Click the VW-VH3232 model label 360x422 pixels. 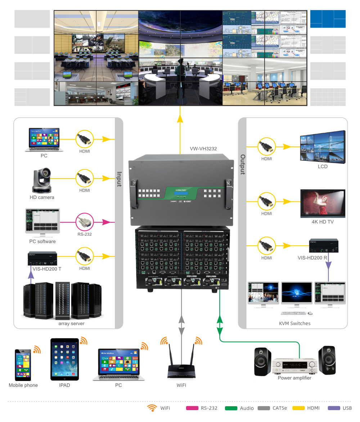(203, 148)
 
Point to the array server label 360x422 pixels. (71, 323)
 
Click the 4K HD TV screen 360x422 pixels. (323, 204)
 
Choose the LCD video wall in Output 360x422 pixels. (323, 146)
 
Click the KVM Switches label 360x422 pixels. (294, 323)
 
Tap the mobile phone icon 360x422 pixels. (22, 364)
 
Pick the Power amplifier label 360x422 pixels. (294, 378)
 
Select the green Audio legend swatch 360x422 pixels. (231, 408)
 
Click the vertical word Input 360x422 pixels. (118, 178)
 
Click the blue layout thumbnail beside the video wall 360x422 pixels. (328, 19)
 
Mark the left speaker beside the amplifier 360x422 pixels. (263, 362)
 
